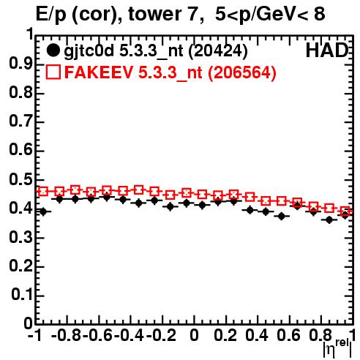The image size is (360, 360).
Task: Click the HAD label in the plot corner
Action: tap(327, 50)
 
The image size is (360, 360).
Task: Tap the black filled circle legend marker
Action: tap(53, 50)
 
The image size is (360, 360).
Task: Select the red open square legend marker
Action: tap(53, 72)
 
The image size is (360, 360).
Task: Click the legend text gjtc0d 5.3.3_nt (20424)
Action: tap(156, 51)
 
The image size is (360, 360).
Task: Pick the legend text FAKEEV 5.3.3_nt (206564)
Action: tap(170, 72)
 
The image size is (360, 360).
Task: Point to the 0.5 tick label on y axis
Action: tap(21, 180)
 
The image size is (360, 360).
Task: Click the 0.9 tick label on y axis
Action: tap(21, 64)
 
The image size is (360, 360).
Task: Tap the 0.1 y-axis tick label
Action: tap(22, 295)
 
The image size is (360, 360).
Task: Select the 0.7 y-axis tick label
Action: tap(21, 121)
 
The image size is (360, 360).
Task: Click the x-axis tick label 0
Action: tap(194, 335)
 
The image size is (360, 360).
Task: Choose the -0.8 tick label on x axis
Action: tap(67, 335)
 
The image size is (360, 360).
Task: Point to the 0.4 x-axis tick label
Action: tap(257, 335)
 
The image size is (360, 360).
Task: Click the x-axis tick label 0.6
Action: tap(288, 335)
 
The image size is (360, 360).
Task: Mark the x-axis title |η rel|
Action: tap(337, 348)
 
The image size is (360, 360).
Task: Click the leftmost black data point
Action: tap(43, 211)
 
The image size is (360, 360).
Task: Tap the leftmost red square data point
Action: tap(43, 192)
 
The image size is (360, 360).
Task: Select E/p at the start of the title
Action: tap(50, 15)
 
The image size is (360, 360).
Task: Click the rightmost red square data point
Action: tap(345, 211)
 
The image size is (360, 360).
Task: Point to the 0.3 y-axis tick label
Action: tap(21, 237)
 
